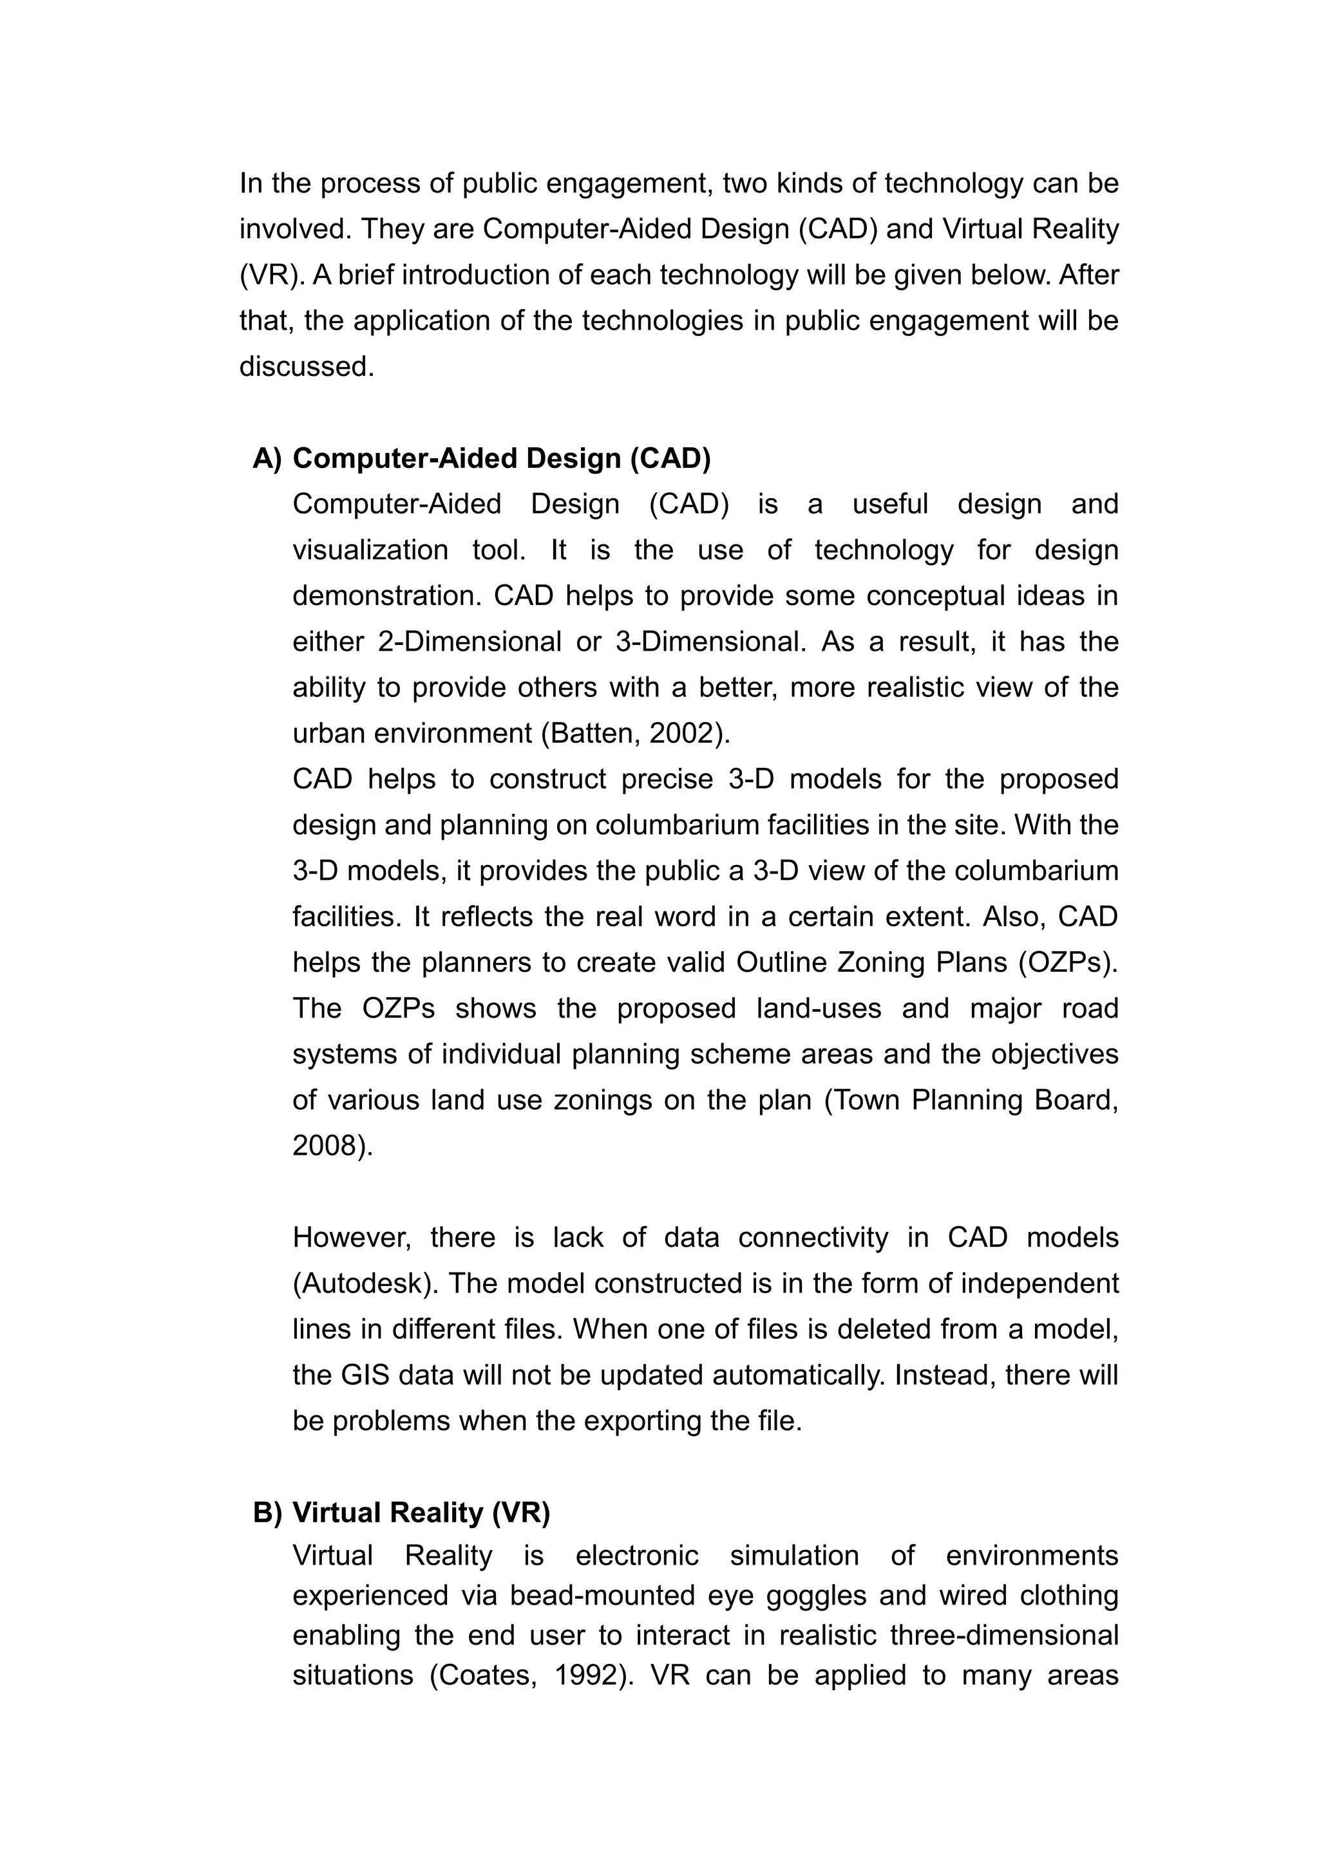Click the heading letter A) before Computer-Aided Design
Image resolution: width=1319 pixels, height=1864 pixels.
click(267, 459)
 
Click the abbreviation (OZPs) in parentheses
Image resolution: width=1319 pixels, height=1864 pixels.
click(1067, 963)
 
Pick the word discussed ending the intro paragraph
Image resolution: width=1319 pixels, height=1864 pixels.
click(305, 367)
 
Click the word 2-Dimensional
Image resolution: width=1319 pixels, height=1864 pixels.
click(470, 642)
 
